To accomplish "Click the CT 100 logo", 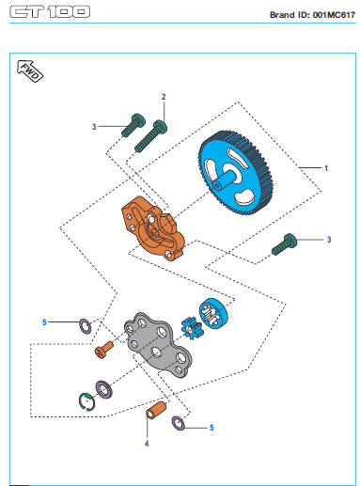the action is pos(50,12).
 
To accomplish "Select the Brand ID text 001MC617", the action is pos(334,15).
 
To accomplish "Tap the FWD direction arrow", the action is pos(30,71).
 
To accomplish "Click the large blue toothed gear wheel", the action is pos(236,173).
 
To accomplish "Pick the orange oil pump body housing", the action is pos(153,228).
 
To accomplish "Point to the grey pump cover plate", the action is pos(158,344).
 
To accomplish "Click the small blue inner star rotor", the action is pos(192,328).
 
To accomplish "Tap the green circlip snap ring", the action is pos(86,400).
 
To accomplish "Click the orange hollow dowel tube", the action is pos(156,410).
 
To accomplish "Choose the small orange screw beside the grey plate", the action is pos(103,350).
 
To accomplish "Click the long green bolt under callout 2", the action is pos(150,136).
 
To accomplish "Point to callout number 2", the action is pos(164,97).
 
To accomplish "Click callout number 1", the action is pos(326,168).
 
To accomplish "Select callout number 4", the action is pos(147,444).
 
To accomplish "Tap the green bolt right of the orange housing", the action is pos(284,244).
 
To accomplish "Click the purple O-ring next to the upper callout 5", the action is pos(85,326).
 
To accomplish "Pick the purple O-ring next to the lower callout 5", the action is pos(179,423).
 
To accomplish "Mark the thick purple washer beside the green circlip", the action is pos(103,389).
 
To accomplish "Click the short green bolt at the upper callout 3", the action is pos(133,125).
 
